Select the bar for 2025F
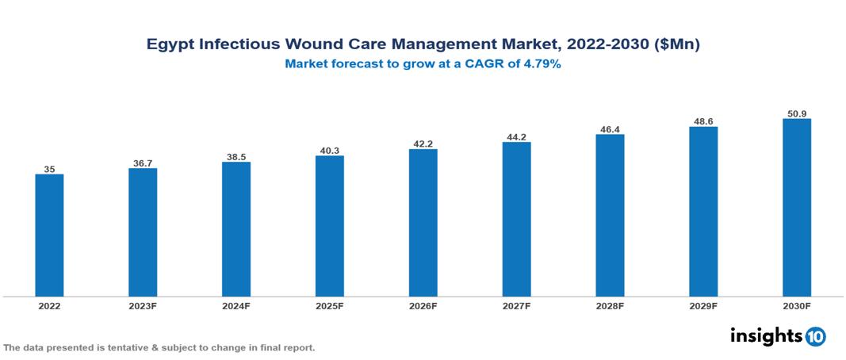point(329,226)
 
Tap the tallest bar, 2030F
point(796,208)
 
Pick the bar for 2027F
point(516,220)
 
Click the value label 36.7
point(143,163)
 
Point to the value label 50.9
point(796,113)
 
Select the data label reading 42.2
point(423,144)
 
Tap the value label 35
point(49,169)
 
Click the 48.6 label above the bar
point(703,121)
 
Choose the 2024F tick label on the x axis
point(236,305)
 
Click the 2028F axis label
point(610,305)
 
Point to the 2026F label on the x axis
point(423,305)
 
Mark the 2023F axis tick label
point(143,305)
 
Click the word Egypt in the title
point(170,45)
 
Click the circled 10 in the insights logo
point(815,337)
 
